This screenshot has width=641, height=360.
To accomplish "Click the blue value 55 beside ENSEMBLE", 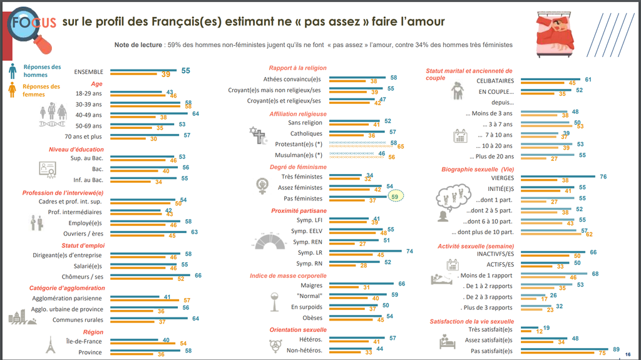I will pos(185,71).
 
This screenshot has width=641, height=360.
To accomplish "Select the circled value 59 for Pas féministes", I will pos(394,196).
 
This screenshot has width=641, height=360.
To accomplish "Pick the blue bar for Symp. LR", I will pos(364,251).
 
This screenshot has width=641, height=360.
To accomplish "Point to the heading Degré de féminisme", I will pos(298,167).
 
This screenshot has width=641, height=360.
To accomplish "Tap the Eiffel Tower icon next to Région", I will pos(50,345).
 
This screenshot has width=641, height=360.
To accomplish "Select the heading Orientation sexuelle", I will pos(299,329).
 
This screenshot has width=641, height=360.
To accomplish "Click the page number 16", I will pos(628,355).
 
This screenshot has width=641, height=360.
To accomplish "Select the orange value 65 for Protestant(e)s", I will pos(401,147).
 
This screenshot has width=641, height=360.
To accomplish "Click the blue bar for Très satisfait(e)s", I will pos(528,327).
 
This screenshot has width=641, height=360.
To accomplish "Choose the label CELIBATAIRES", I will pos(495,81).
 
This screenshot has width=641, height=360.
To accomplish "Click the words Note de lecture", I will pos(138,45).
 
